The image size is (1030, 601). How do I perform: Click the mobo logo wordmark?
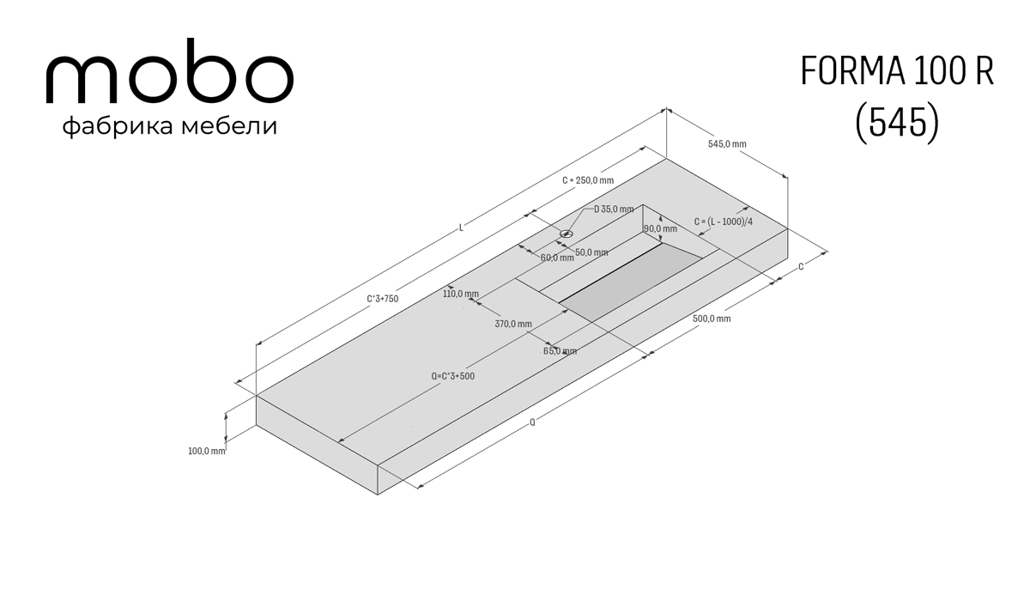point(170,70)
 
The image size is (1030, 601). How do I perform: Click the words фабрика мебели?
point(170,126)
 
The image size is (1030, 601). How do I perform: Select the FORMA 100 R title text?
point(897,70)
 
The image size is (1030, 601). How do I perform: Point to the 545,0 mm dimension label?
point(727,144)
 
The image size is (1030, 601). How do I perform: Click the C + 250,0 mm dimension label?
point(588,180)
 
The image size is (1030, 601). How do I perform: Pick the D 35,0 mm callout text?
point(614,209)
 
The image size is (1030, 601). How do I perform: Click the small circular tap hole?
point(566,234)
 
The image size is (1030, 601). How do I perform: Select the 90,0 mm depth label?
point(660,228)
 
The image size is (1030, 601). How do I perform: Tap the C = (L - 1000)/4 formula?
point(724,222)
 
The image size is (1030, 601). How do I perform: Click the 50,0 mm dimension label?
point(591,252)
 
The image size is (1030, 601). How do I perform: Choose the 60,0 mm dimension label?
point(557,258)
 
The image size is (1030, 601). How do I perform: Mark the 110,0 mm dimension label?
point(461,294)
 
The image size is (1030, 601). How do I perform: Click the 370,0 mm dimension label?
point(513,324)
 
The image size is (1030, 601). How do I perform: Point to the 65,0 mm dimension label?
point(560,351)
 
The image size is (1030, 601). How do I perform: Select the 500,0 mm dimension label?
point(712,319)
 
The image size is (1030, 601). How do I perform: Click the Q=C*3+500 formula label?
point(453,376)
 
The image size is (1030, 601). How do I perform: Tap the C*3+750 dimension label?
point(383,299)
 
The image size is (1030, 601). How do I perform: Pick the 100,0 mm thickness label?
point(207,451)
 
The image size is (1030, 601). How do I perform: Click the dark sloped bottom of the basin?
point(630,282)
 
